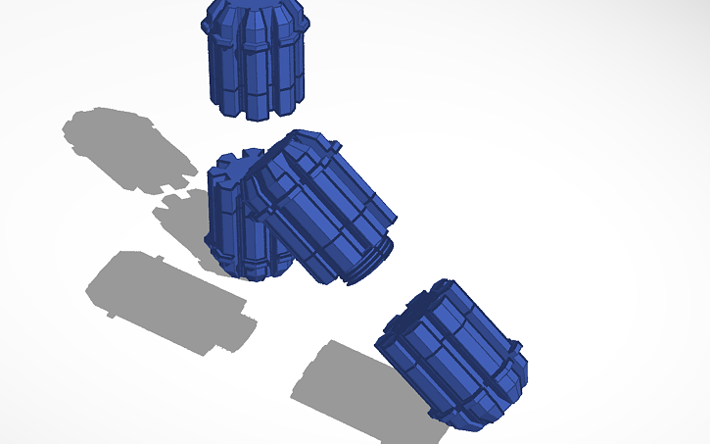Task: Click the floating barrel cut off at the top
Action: point(255,59)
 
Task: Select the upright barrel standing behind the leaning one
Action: point(231,221)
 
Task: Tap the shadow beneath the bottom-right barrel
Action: point(362,387)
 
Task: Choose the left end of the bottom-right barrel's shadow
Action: point(299,387)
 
